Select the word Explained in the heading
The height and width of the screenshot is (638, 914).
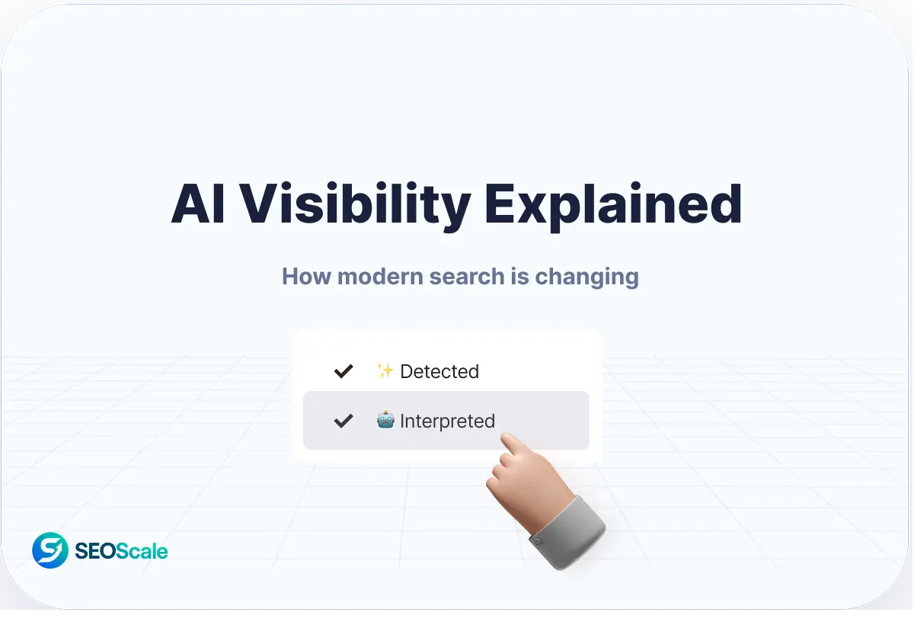click(x=613, y=204)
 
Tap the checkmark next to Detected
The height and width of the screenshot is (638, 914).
click(x=344, y=371)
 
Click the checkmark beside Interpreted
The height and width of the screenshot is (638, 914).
click(x=344, y=421)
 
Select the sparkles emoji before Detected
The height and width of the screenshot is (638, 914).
click(x=385, y=371)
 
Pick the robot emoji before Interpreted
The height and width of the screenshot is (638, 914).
click(x=385, y=420)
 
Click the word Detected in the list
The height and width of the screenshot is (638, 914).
click(x=439, y=372)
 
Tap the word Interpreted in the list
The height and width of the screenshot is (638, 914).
click(x=447, y=422)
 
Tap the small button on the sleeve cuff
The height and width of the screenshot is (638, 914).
click(x=538, y=541)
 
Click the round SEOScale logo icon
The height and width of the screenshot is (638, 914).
click(x=50, y=550)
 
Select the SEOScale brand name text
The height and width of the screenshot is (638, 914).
click(x=121, y=551)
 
